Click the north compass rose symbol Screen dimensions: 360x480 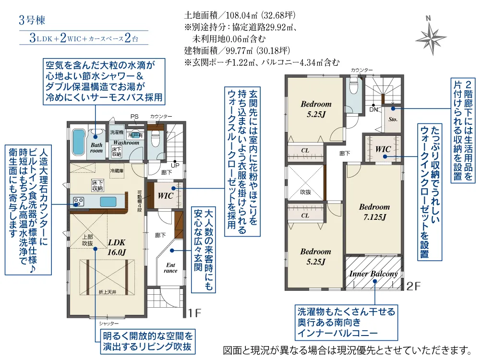point(431,36)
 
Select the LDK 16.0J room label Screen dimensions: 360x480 point(117,247)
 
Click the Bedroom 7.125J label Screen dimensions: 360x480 point(374,212)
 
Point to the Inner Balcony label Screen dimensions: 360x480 point(373,274)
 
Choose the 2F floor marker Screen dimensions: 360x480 point(413,287)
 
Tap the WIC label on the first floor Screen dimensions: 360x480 point(165,196)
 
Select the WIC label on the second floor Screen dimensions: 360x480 point(383,149)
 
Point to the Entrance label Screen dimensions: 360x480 point(171,268)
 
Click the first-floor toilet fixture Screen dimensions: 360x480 point(155,140)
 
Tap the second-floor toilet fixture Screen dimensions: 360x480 point(354,87)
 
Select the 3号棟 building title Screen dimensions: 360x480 point(32,21)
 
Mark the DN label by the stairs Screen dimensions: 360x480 point(373,109)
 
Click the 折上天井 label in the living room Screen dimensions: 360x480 point(108,292)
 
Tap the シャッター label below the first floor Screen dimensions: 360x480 point(106,324)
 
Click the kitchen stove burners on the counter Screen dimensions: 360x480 point(78,201)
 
